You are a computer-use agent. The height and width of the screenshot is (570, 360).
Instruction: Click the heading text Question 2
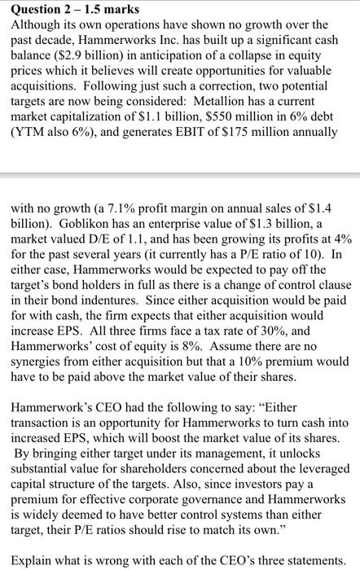37,9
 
